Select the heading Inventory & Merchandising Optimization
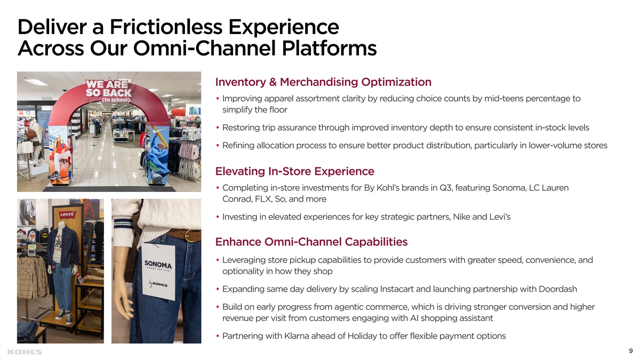pos(323,82)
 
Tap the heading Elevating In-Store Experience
pos(294,171)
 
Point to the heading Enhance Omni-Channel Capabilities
pos(311,242)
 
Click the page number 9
pos(630,350)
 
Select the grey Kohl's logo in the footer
pos(25,352)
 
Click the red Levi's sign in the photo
pos(67,214)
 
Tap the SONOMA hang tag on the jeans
pos(158,271)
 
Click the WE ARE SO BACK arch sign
pos(109,91)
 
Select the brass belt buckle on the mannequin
pos(189,235)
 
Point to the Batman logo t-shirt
pos(44,235)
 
